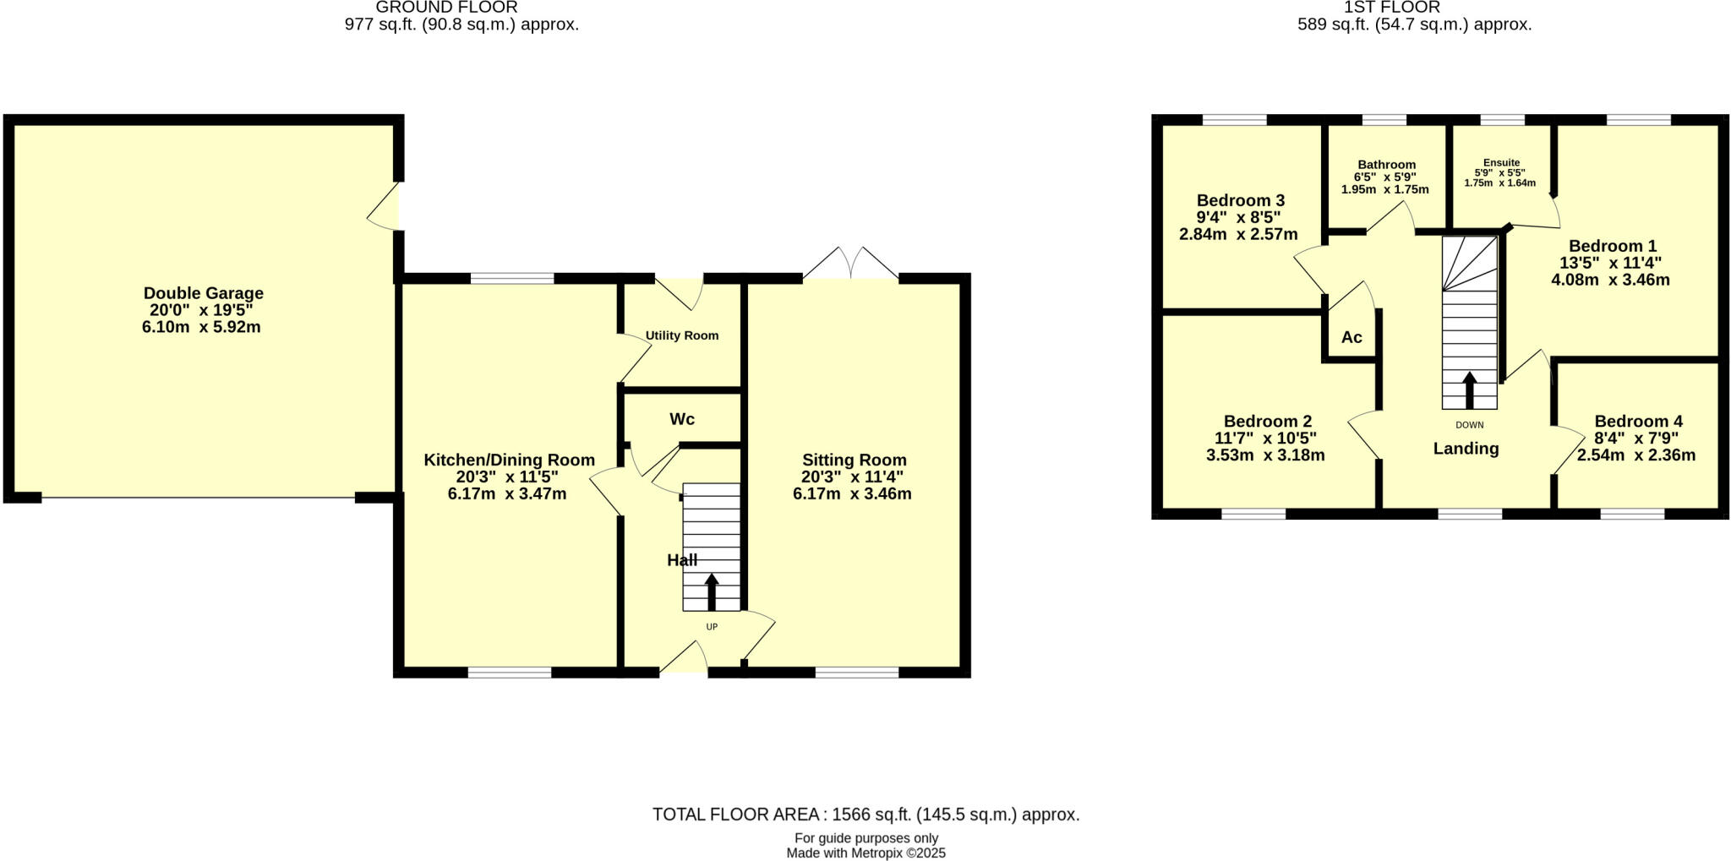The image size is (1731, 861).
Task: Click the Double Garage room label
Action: (203, 293)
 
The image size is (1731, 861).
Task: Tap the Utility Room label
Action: (681, 335)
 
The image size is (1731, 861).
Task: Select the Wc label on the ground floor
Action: (682, 419)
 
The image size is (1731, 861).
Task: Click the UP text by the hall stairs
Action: (712, 627)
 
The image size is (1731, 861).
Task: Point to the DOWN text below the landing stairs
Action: (1469, 425)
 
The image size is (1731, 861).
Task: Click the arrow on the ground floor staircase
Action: (712, 591)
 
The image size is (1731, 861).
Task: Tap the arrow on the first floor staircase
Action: (1469, 390)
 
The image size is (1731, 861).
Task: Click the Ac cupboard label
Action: (1351, 337)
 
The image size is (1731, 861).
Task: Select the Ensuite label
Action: (1501, 163)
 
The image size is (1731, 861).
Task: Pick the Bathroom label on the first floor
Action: (1386, 165)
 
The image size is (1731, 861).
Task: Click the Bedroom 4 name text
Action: (1638, 421)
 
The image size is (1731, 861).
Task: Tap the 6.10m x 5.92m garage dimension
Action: (201, 327)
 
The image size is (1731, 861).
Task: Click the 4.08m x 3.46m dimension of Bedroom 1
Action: (1610, 280)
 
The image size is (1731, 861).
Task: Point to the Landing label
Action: (1466, 449)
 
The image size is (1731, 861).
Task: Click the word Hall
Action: (682, 560)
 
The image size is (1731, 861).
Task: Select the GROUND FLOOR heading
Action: (446, 8)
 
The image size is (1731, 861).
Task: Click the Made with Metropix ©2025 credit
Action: (865, 853)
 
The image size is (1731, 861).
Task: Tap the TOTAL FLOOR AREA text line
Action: (865, 815)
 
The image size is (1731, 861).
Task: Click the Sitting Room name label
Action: (854, 460)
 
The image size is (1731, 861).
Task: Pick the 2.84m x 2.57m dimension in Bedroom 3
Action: (1238, 234)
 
